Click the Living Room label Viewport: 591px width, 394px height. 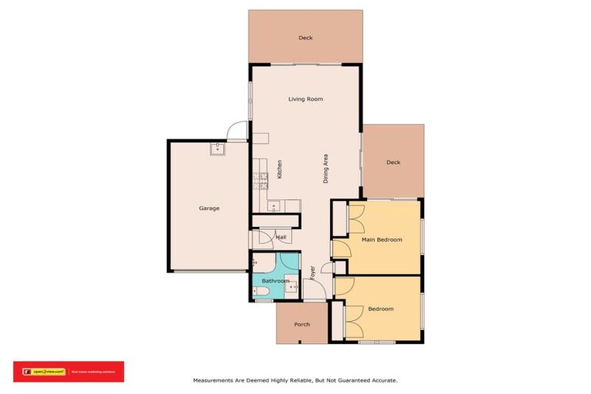click(x=306, y=99)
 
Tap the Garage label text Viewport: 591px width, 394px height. click(x=209, y=209)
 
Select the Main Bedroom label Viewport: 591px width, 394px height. click(x=382, y=240)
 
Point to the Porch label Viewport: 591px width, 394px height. click(x=302, y=324)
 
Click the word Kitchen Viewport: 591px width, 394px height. click(x=279, y=169)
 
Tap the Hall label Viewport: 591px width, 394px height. click(x=281, y=238)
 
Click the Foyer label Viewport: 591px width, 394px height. click(x=312, y=272)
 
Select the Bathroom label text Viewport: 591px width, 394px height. click(x=275, y=281)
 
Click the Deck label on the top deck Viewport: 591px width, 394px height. click(x=306, y=38)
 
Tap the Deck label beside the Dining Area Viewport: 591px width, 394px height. click(x=393, y=162)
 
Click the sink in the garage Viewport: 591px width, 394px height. click(x=218, y=149)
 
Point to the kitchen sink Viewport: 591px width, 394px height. click(x=272, y=205)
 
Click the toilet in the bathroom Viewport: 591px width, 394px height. click(x=259, y=292)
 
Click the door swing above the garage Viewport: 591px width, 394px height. click(x=236, y=133)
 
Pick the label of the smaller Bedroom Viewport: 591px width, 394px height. click(x=380, y=309)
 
